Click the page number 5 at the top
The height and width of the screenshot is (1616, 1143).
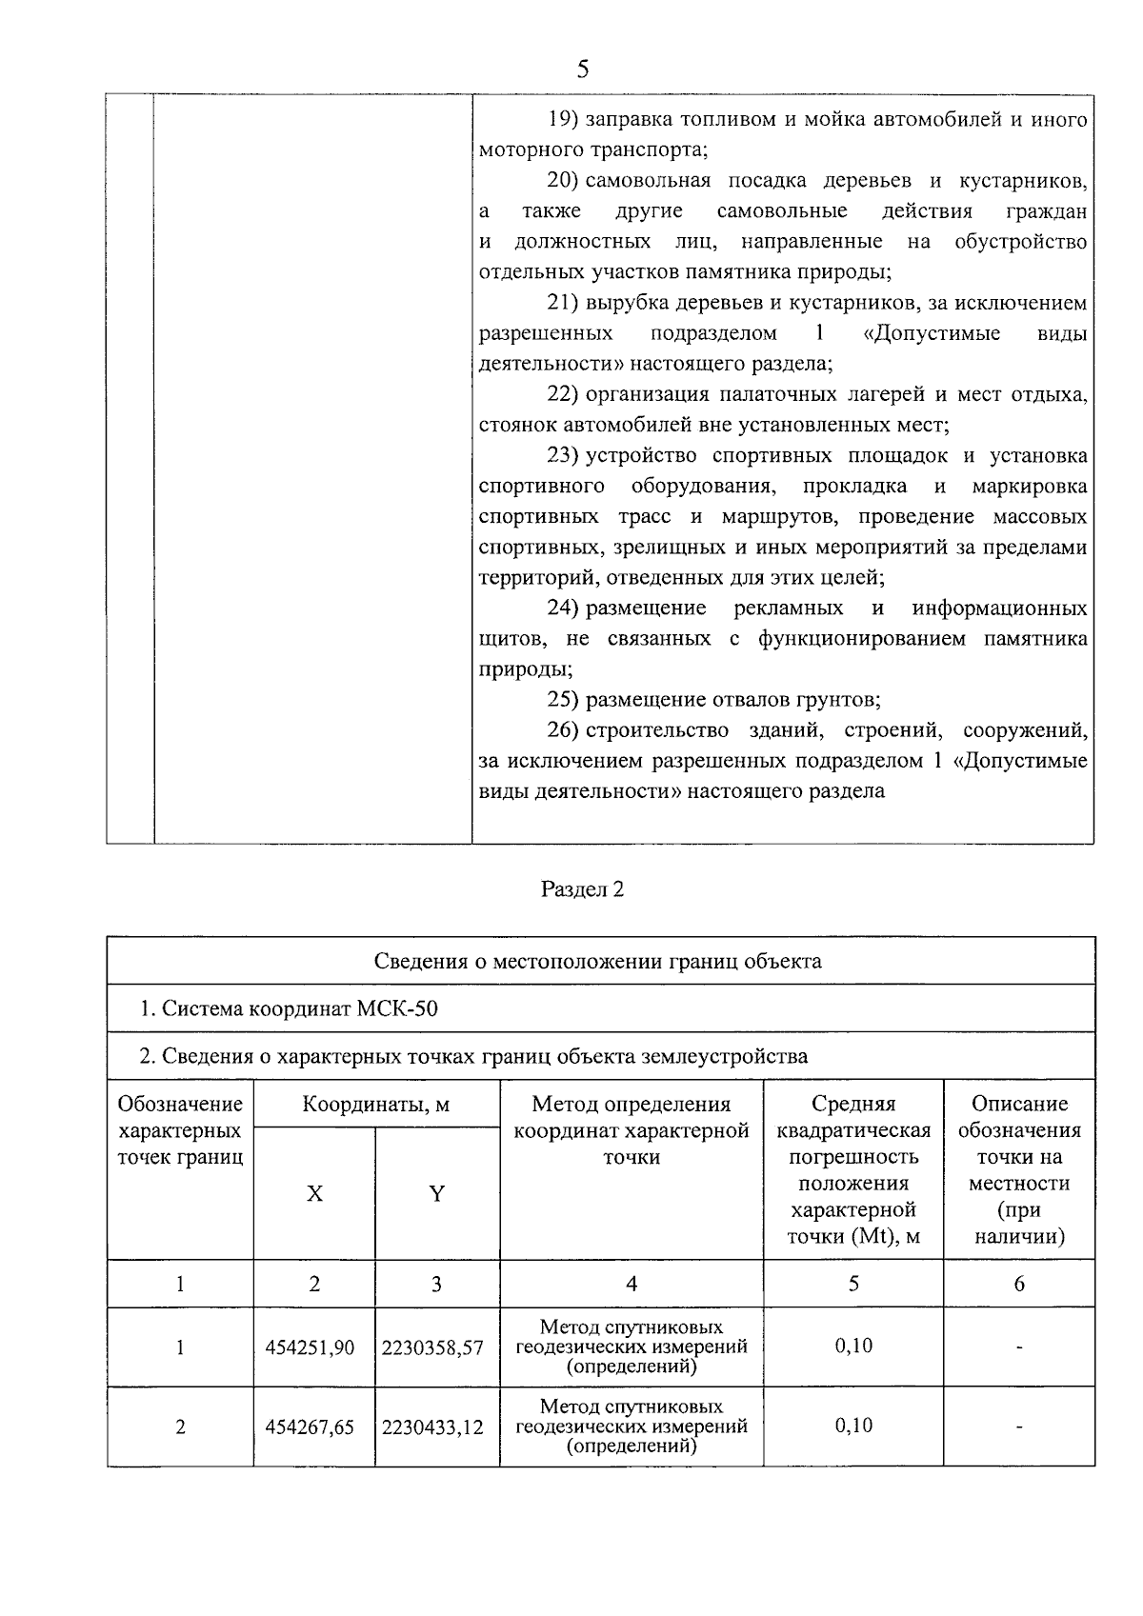(583, 69)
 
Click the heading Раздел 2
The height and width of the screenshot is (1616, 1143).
(582, 889)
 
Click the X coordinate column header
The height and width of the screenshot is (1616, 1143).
(314, 1194)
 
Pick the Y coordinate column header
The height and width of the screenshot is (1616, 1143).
(436, 1194)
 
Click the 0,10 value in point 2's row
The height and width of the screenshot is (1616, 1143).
(853, 1426)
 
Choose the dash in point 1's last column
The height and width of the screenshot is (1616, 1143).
(1019, 1347)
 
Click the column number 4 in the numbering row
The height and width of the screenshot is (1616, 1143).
(631, 1284)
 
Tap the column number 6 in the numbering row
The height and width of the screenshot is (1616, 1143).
(1019, 1284)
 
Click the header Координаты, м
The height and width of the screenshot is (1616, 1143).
(376, 1105)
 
